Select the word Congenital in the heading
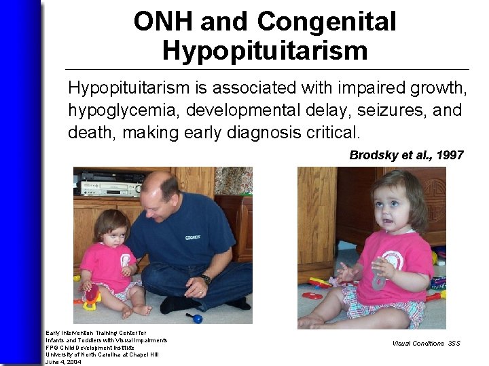327,22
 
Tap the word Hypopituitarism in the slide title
266,51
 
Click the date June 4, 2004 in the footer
64,362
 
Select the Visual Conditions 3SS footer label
426,343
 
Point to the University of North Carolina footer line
102,354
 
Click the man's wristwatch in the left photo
206,279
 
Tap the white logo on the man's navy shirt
193,237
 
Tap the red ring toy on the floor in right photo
312,296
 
